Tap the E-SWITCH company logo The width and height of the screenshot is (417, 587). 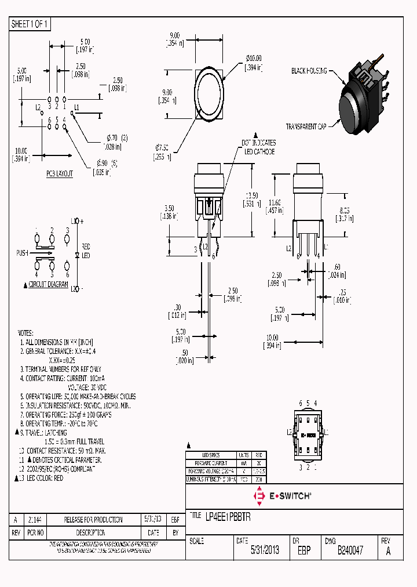pos(283,495)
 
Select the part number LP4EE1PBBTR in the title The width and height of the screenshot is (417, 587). pos(228,515)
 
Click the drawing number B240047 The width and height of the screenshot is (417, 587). pos(350,550)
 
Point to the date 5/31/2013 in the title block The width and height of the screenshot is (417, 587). pos(265,550)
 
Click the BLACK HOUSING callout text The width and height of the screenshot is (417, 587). pos(309,71)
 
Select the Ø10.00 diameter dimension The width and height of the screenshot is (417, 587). pos(253,59)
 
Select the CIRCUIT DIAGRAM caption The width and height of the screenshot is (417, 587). pos(48,285)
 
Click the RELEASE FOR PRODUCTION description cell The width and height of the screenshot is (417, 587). pos(93,519)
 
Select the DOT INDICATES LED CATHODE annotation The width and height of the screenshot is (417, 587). pos(258,147)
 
